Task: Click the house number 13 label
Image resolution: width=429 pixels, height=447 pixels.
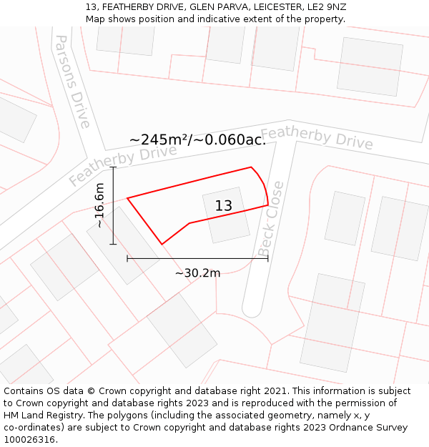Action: tap(224, 206)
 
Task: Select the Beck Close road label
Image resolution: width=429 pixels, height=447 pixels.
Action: tap(271, 219)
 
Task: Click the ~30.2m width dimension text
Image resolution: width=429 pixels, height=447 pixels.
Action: tap(197, 272)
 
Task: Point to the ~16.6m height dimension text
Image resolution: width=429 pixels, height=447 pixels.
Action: tap(99, 205)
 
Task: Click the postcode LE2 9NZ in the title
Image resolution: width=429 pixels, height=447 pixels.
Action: tap(326, 7)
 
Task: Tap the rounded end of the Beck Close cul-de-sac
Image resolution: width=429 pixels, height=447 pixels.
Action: tap(252, 310)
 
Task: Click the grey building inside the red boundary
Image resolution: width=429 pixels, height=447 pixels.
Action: tap(226, 215)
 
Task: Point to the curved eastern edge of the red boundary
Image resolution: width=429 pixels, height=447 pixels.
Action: tap(263, 183)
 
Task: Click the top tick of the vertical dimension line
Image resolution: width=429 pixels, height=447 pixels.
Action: tap(113, 167)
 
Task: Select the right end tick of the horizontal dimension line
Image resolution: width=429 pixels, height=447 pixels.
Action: tap(268, 258)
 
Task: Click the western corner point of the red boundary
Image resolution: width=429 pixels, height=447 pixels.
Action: tap(127, 198)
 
